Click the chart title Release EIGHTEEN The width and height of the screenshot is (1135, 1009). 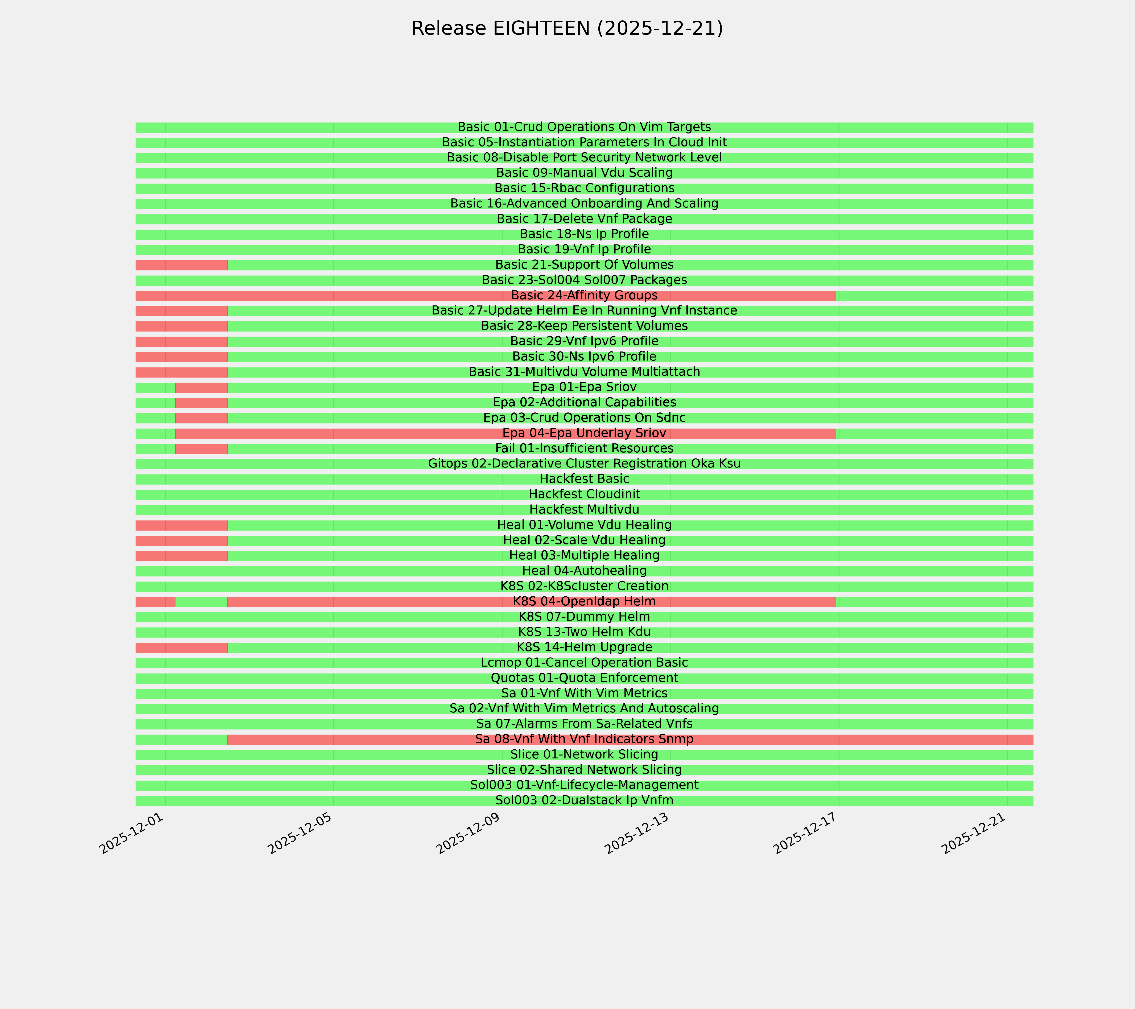[x=567, y=28]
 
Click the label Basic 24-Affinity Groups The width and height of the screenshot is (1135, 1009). [x=584, y=295]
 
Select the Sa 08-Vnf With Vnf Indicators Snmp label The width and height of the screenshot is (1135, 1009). [x=584, y=739]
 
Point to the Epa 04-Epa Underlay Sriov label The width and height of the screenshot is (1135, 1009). [x=584, y=433]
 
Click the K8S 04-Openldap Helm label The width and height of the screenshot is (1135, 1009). [x=584, y=601]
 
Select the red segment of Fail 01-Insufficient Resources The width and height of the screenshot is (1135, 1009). [x=201, y=449]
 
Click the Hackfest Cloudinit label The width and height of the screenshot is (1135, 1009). [x=584, y=494]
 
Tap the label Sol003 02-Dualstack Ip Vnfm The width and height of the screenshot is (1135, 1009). [x=584, y=800]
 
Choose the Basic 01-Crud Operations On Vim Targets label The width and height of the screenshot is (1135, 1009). [x=584, y=127]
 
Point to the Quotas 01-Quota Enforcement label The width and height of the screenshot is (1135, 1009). [x=584, y=678]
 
